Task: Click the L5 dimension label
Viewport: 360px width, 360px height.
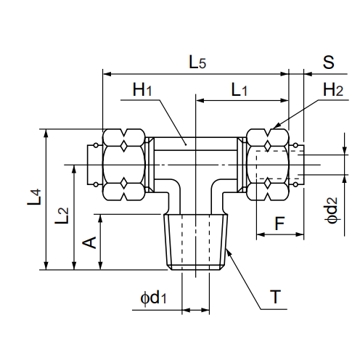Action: (x=197, y=62)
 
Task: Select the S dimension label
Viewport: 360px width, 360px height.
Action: (x=328, y=62)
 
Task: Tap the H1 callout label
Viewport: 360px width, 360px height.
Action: (x=142, y=89)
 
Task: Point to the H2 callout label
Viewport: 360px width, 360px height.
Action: (x=333, y=89)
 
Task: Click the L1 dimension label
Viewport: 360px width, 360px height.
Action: (x=239, y=89)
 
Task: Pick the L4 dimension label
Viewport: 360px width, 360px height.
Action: (x=34, y=197)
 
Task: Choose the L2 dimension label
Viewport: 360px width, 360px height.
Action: (x=62, y=216)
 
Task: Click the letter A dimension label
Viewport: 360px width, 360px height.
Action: (x=89, y=242)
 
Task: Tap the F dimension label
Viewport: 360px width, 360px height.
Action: (x=279, y=224)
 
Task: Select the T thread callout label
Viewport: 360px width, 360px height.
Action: (x=275, y=297)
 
